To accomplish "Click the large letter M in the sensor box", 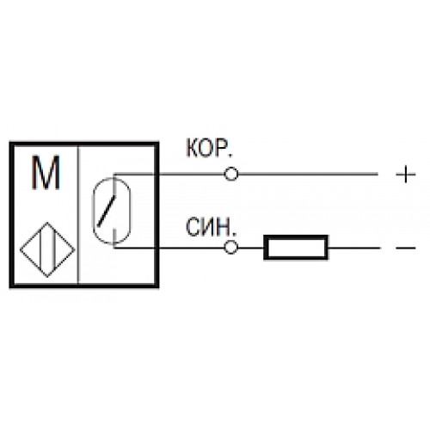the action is (46, 172).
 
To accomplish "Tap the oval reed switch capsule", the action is (93, 211).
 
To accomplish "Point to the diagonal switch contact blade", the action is (107, 211).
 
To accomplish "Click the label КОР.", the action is (209, 148).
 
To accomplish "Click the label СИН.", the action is (210, 227).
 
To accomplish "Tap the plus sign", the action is (406, 174).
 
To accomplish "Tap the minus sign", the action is (406, 248).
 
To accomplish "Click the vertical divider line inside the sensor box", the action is (78, 215).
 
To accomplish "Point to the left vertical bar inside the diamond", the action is (40, 249).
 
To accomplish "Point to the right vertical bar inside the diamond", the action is (53, 249).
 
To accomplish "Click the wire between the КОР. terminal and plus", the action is (308, 174).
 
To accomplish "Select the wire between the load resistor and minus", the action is (354, 248).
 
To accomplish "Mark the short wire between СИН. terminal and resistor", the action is (251, 248).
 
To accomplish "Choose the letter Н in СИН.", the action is (224, 227).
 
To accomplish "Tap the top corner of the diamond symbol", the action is (47, 222).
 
